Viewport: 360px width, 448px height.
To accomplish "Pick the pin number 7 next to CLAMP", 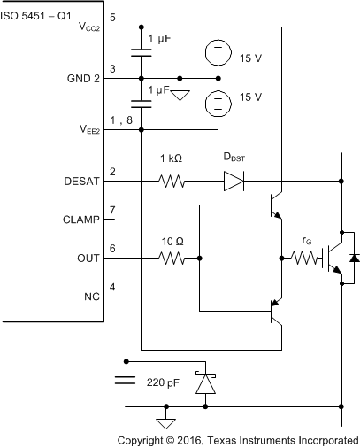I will coord(112,212).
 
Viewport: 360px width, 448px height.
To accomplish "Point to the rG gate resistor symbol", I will coord(306,259).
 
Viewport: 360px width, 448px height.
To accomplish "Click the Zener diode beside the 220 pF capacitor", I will coord(205,382).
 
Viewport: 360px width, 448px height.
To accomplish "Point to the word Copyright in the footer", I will coord(146,439).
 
